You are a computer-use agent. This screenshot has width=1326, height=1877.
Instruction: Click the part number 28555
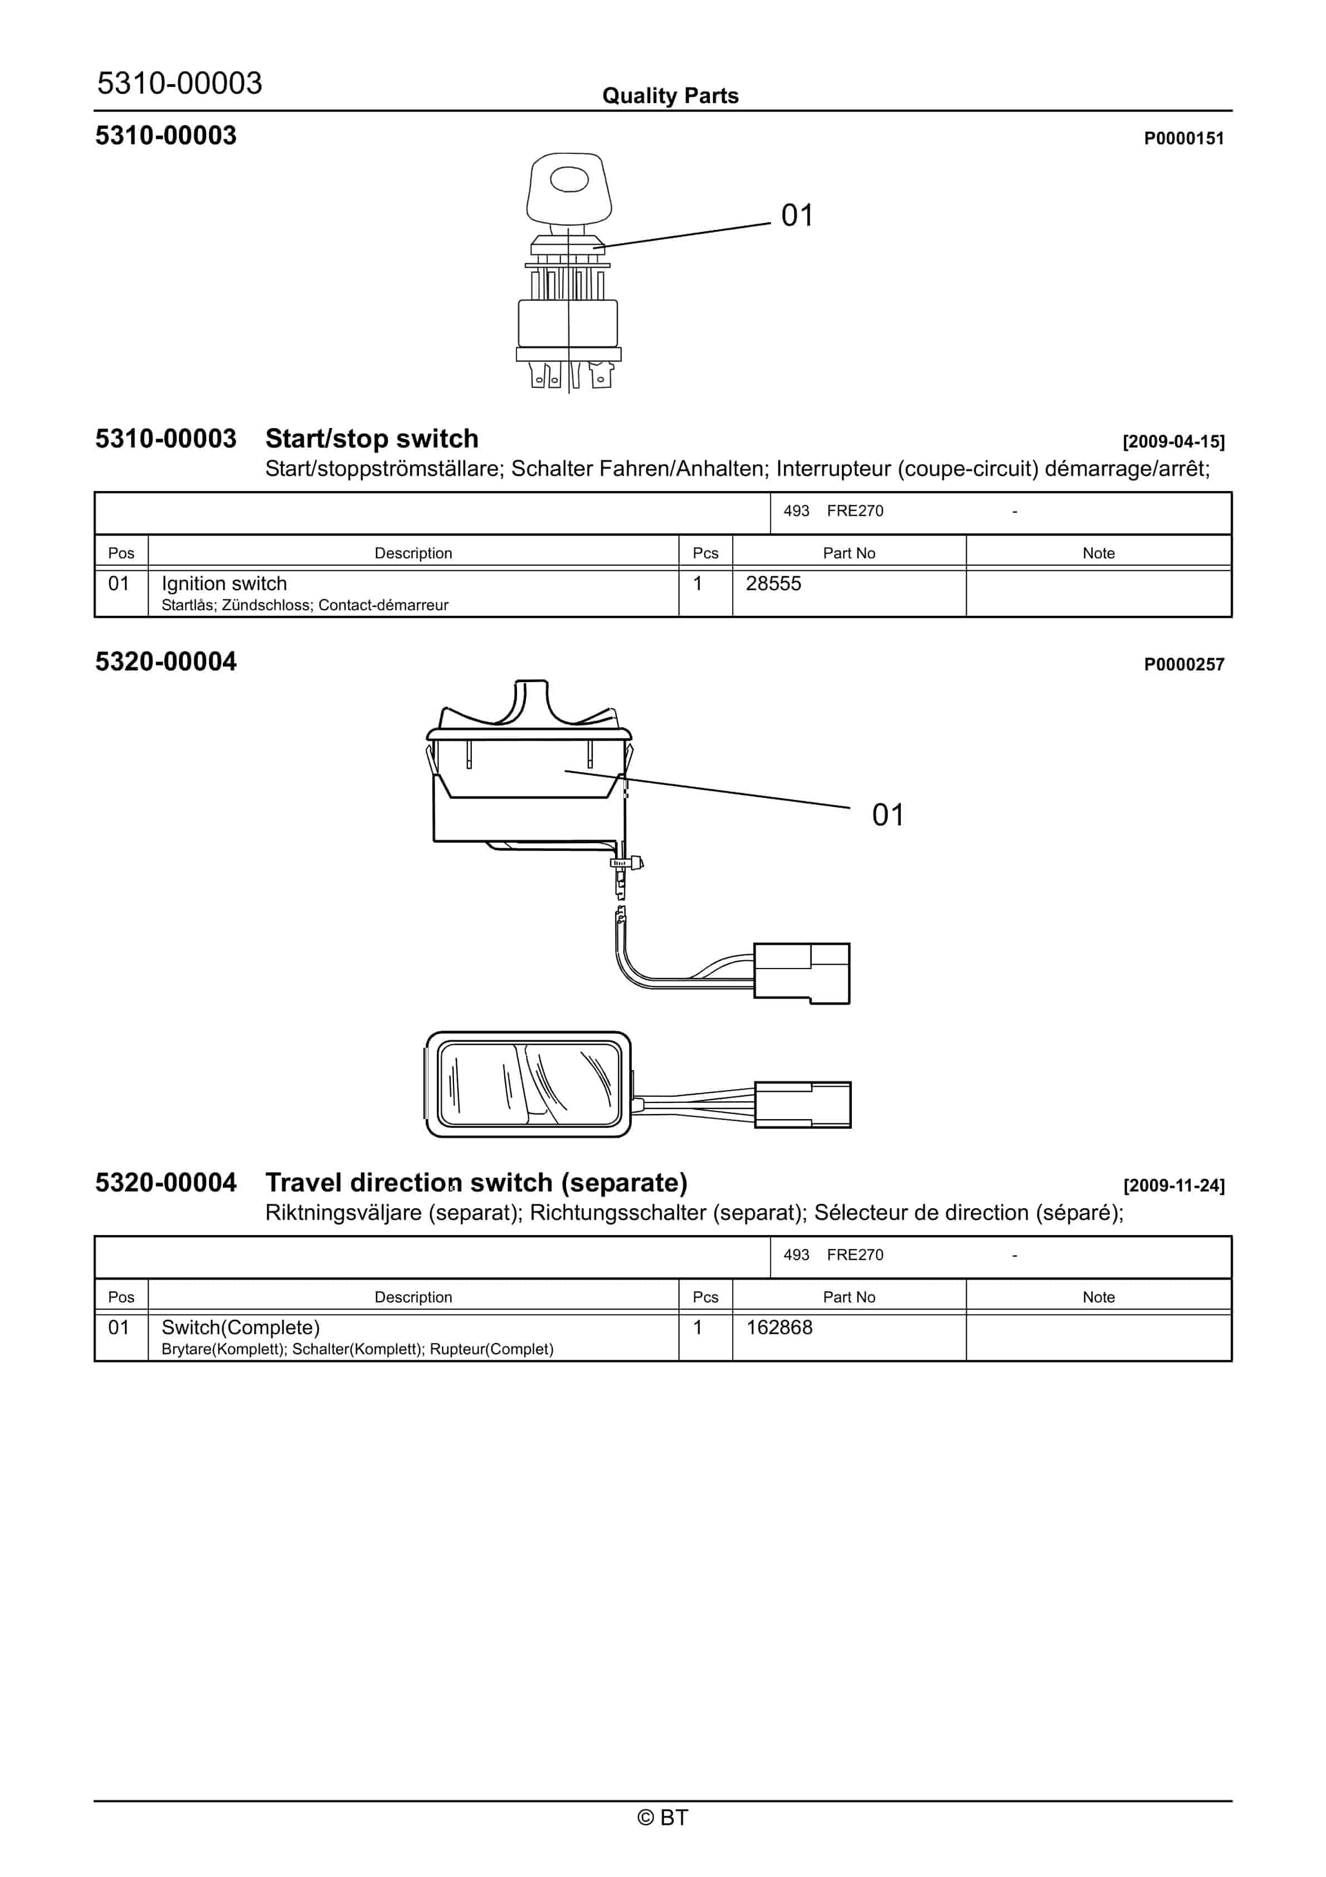[773, 583]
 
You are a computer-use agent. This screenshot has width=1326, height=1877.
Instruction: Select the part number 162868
[778, 1327]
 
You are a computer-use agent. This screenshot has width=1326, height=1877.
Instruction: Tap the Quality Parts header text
[670, 96]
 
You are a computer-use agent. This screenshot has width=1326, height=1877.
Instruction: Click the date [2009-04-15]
[1173, 441]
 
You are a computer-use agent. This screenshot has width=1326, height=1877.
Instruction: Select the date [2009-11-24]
[1173, 1185]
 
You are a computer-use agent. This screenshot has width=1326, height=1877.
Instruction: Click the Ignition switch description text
[224, 583]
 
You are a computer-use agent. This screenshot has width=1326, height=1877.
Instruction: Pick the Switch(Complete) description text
[240, 1327]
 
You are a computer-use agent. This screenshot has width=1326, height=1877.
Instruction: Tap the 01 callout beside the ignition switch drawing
[797, 216]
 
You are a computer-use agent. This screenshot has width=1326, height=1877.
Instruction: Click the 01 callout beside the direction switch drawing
[888, 815]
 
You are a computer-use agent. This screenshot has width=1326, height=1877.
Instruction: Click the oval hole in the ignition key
[569, 179]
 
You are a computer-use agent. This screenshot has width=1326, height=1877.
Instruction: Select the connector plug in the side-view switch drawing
[801, 973]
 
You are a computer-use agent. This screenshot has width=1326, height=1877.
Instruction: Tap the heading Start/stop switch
[372, 439]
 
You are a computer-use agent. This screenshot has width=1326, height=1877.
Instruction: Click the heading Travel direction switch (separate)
[476, 1183]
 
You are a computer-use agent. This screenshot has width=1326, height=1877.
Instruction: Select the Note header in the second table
[1098, 1297]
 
